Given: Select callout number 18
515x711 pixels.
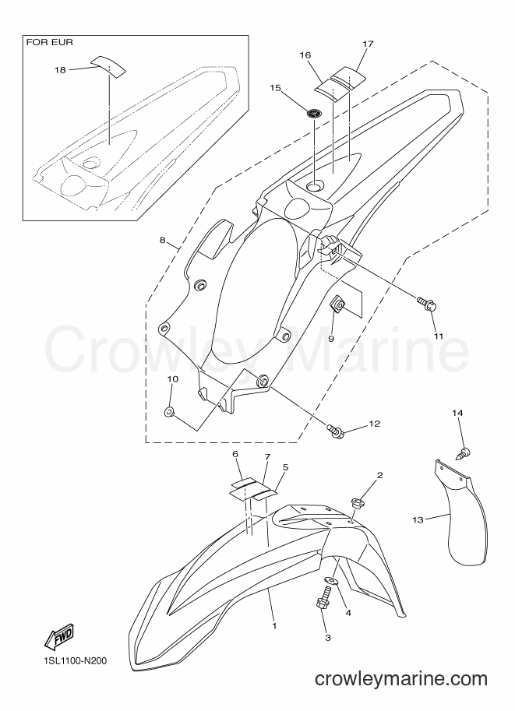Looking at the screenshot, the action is (x=60, y=70).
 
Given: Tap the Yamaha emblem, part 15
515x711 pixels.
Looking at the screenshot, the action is (x=312, y=113).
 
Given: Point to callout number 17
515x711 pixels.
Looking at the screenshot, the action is (x=368, y=44).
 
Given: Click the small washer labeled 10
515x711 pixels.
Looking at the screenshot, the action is (x=168, y=413).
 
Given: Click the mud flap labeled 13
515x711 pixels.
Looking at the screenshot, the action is (x=459, y=512).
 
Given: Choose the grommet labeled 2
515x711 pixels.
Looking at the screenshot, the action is (x=358, y=502).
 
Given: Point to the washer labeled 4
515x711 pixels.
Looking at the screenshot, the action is (x=331, y=581).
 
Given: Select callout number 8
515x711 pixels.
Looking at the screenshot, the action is (x=162, y=240).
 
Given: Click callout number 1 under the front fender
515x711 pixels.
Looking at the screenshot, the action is (x=274, y=626).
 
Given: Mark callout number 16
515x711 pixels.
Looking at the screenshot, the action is (x=305, y=55).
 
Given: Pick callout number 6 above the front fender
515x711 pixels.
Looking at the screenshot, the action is (x=235, y=453).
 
